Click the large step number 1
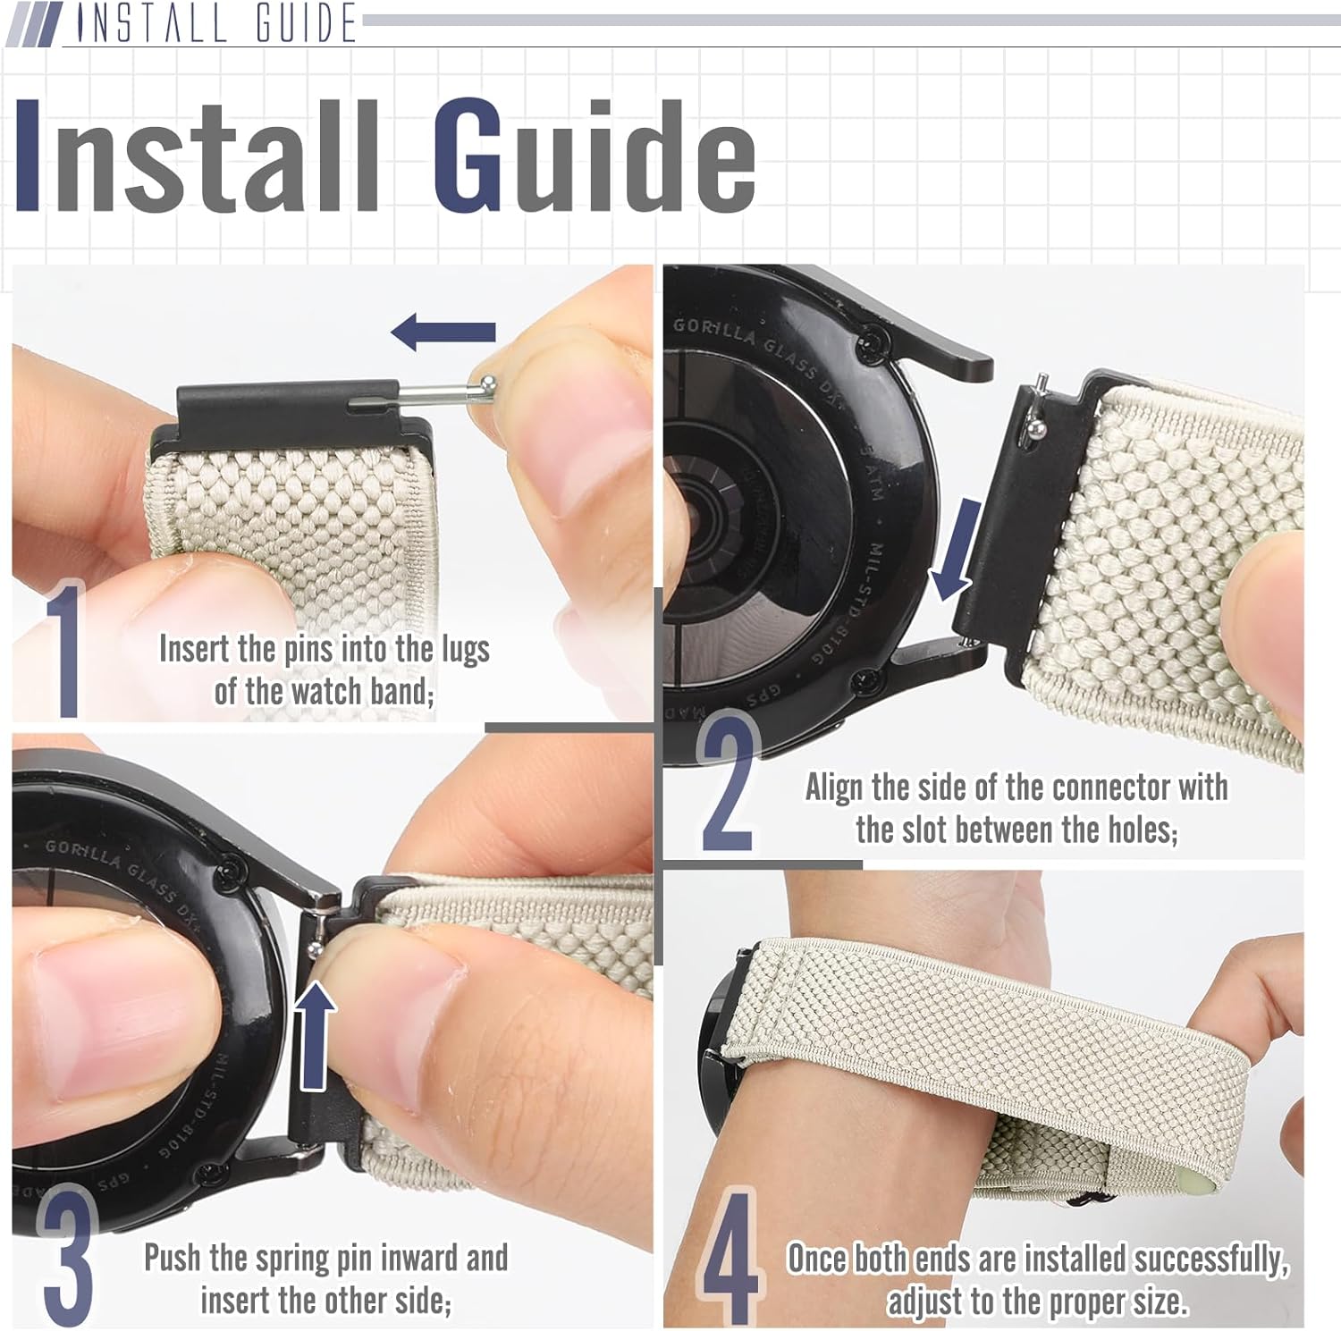tap(64, 650)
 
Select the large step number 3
tap(66, 1255)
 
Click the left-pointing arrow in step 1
tap(443, 333)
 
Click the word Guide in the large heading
tap(595, 156)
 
